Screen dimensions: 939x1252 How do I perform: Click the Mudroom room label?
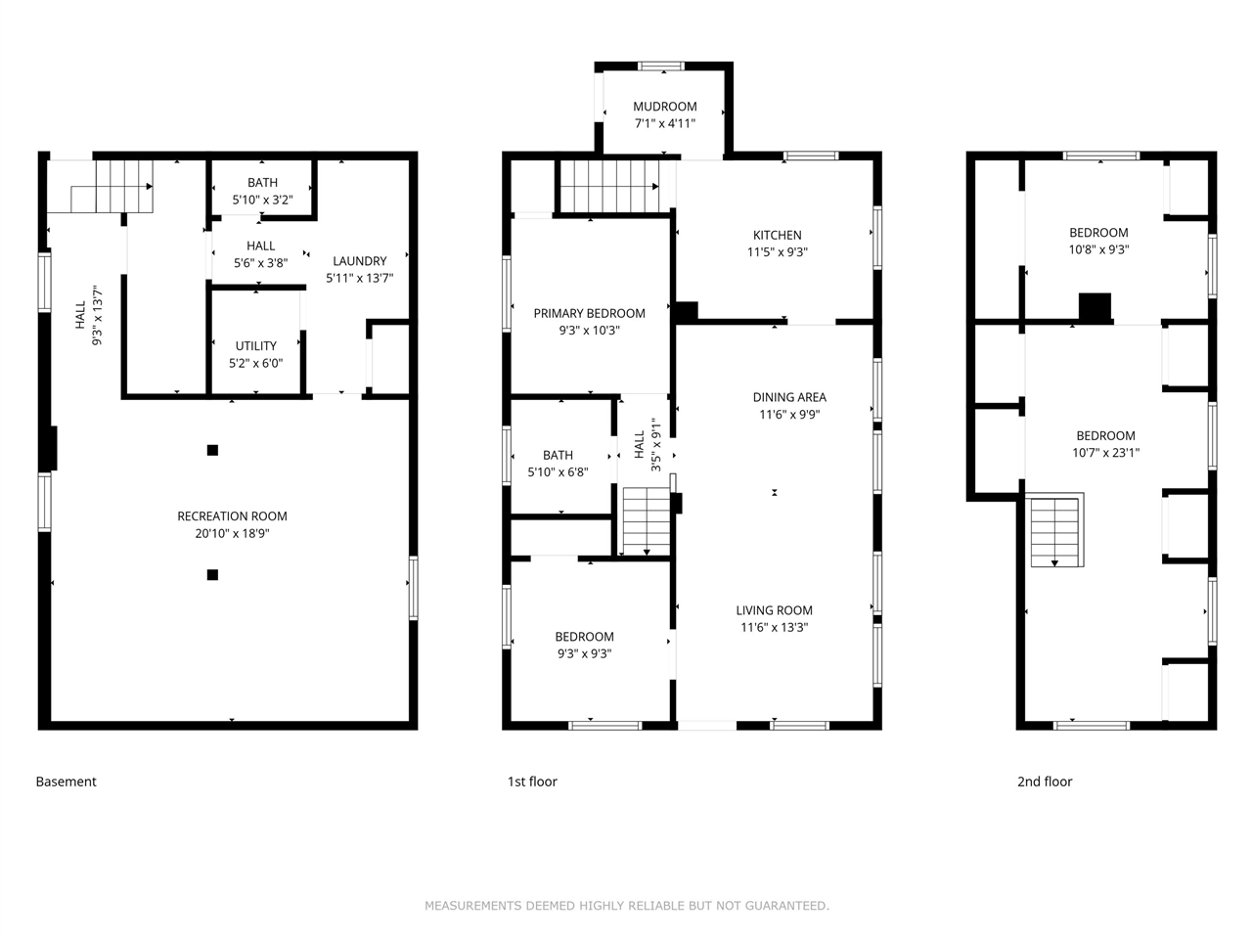pos(664,107)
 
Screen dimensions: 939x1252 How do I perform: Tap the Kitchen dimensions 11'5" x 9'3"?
pos(777,252)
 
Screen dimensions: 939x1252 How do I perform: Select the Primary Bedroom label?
pos(589,313)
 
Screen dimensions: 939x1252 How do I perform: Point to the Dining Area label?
pos(789,397)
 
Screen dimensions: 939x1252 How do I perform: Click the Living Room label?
pos(774,610)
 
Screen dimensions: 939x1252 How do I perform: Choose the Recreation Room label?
pos(232,516)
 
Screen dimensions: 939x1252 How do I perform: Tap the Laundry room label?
pos(359,261)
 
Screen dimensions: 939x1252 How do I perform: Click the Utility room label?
pos(255,346)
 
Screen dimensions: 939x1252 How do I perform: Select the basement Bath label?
pos(262,183)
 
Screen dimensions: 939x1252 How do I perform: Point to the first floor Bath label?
pos(558,455)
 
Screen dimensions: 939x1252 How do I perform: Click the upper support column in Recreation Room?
pos(212,450)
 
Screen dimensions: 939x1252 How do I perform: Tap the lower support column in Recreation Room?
pos(212,574)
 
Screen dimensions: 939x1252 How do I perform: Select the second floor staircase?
pos(1055,531)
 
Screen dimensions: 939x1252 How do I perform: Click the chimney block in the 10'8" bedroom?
pos(1095,307)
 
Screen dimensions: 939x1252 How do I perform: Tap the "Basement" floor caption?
pos(66,782)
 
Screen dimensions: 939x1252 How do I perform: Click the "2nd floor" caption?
pos(1044,782)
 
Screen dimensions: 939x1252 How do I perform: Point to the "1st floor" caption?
pos(532,782)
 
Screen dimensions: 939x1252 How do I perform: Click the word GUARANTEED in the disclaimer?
pos(779,906)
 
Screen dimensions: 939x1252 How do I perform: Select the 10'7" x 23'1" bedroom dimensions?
pos(1105,453)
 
